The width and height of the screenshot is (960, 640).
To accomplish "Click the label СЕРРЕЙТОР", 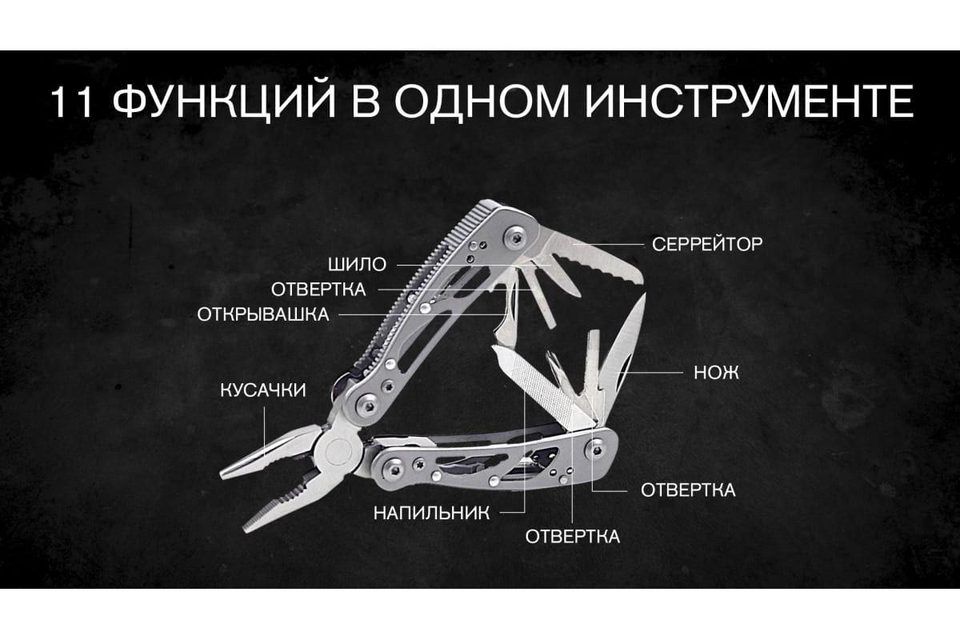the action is tap(707, 244).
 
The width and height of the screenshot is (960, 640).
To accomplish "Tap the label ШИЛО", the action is tap(358, 265).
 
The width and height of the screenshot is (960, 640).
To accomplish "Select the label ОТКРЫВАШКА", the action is tap(263, 314).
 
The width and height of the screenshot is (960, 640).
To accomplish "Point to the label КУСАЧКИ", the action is tap(263, 390).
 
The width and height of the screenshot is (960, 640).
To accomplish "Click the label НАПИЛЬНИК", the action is tap(431, 513).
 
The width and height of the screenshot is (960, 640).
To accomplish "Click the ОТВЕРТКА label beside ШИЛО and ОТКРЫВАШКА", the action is tap(318, 290).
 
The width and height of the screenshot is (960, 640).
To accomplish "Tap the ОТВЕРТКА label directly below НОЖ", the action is tap(688, 490).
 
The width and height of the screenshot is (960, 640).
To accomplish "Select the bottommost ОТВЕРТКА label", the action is tap(573, 537).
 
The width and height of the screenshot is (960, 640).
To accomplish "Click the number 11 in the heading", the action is tap(71, 102).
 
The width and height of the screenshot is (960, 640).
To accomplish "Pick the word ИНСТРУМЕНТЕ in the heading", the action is tap(750, 102).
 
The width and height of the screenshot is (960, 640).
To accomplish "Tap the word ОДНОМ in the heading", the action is tap(482, 104).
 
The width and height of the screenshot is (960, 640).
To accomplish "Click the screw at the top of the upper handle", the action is tap(514, 237).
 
